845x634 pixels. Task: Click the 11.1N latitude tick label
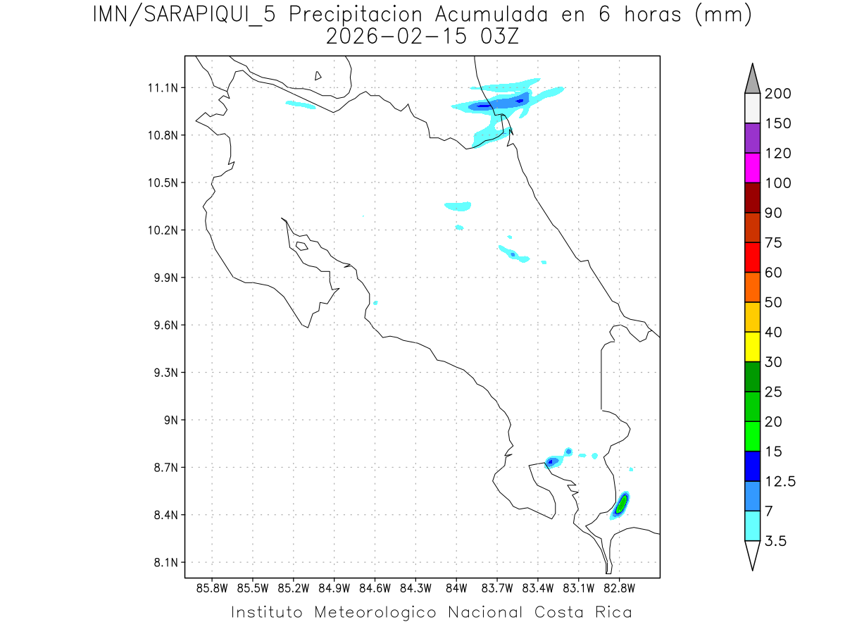point(161,88)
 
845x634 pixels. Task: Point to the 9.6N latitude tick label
point(161,325)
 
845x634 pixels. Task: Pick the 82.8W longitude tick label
point(620,588)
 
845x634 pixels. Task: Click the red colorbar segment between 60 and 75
point(752,257)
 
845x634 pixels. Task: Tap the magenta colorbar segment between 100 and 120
point(752,168)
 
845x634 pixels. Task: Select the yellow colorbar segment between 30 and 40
point(752,347)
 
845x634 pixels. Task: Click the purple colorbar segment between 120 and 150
point(752,138)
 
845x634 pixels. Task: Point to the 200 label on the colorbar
point(777,94)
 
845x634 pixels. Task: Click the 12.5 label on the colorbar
point(780,482)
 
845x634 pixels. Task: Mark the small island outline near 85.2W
point(301,246)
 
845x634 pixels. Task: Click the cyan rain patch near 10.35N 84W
point(458,206)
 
